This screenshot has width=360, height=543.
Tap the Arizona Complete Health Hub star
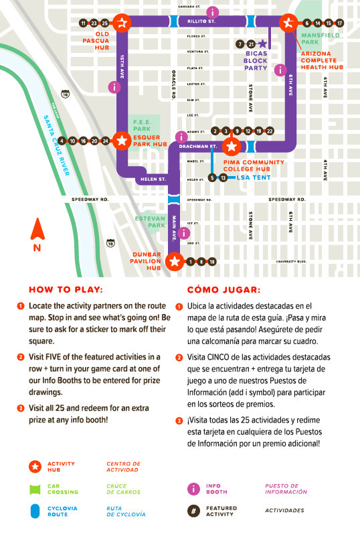click(288, 22)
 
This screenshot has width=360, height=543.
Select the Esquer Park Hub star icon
click(122, 140)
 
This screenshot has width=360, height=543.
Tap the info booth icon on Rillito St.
click(213, 12)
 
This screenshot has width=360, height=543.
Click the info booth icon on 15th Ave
click(114, 86)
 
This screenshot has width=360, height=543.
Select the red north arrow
click(37, 230)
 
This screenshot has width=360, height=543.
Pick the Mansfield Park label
click(319, 38)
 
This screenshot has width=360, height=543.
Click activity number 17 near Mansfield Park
click(340, 23)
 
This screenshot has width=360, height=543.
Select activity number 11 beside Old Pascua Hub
click(84, 23)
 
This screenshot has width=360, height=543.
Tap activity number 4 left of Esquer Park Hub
click(62, 141)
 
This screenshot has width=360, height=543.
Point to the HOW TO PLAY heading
click(66, 291)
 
